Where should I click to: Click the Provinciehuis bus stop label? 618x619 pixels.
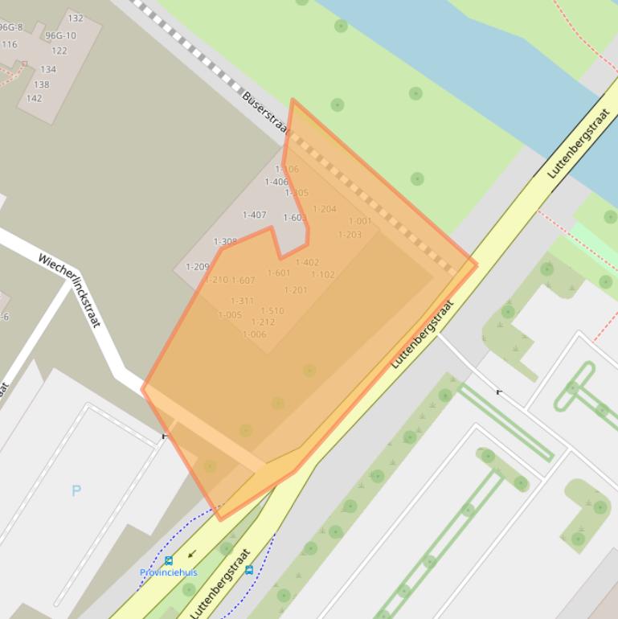pos(168,572)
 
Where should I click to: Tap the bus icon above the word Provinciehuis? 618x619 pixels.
pos(169,560)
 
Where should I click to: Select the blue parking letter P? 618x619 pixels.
pos(76,490)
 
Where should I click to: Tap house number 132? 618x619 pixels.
pos(76,18)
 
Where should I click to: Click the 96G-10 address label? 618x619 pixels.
pos(60,35)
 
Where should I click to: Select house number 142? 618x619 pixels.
pos(34,99)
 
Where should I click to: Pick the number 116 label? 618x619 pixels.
pos(9,44)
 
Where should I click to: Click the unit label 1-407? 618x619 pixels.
pos(254,215)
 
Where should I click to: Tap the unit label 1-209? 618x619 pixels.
pos(197,267)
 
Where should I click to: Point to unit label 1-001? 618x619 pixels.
pos(360,221)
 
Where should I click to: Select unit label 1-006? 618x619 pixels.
pos(254,334)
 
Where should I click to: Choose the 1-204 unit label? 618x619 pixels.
pos(324,209)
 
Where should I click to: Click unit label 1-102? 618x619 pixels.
pos(323,275)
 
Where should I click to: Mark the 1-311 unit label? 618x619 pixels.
pos(242,301)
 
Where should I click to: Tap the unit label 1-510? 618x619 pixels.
pos(272,310)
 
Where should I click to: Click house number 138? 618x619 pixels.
pos(41,84)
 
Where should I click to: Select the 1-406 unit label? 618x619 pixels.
pos(276,182)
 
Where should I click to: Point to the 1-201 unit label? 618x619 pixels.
pos(296,290)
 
